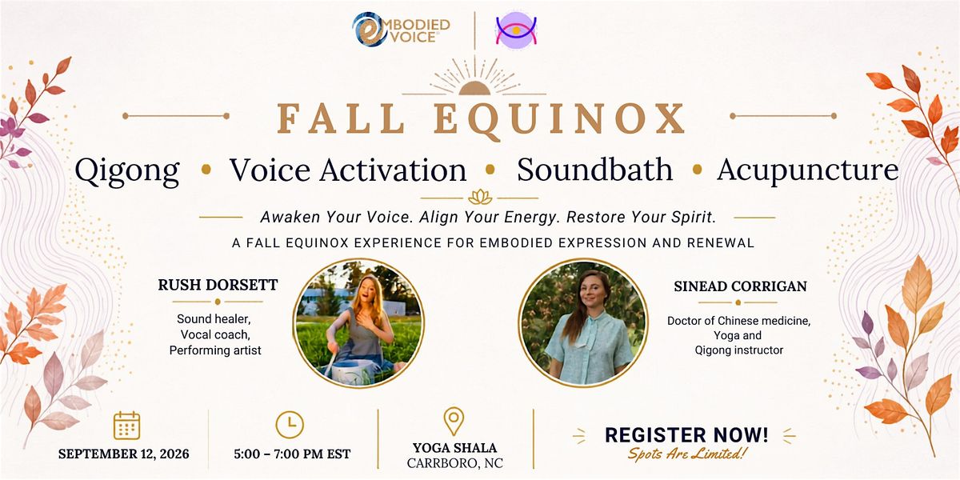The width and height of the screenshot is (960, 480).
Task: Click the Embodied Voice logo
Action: (401, 29)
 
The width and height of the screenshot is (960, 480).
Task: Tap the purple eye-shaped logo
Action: (516, 30)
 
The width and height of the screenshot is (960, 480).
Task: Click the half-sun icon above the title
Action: (474, 87)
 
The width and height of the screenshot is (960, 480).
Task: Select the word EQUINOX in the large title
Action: (559, 120)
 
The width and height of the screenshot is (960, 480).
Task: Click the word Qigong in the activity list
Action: (127, 170)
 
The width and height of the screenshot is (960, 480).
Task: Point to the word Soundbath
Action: (595, 170)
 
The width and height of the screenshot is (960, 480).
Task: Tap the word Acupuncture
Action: (808, 170)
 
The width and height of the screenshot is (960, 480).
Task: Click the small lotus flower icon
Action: (480, 197)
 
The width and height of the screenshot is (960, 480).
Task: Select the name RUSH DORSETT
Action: (218, 285)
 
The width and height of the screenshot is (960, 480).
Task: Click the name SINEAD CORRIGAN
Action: (740, 286)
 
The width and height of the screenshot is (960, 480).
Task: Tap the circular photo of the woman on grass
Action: (358, 322)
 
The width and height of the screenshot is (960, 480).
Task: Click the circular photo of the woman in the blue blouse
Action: (583, 322)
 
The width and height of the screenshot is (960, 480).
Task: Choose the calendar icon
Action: (127, 425)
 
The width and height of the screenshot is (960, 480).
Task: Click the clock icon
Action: (290, 425)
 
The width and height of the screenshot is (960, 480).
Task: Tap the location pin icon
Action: (454, 421)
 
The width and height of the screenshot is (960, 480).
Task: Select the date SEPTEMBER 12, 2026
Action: (123, 454)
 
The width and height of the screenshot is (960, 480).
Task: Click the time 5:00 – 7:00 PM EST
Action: (292, 454)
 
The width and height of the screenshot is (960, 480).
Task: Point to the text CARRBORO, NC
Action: (454, 463)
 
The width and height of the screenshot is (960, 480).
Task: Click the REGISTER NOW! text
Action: (686, 435)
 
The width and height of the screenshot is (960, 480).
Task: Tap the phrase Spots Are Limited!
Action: (687, 454)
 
